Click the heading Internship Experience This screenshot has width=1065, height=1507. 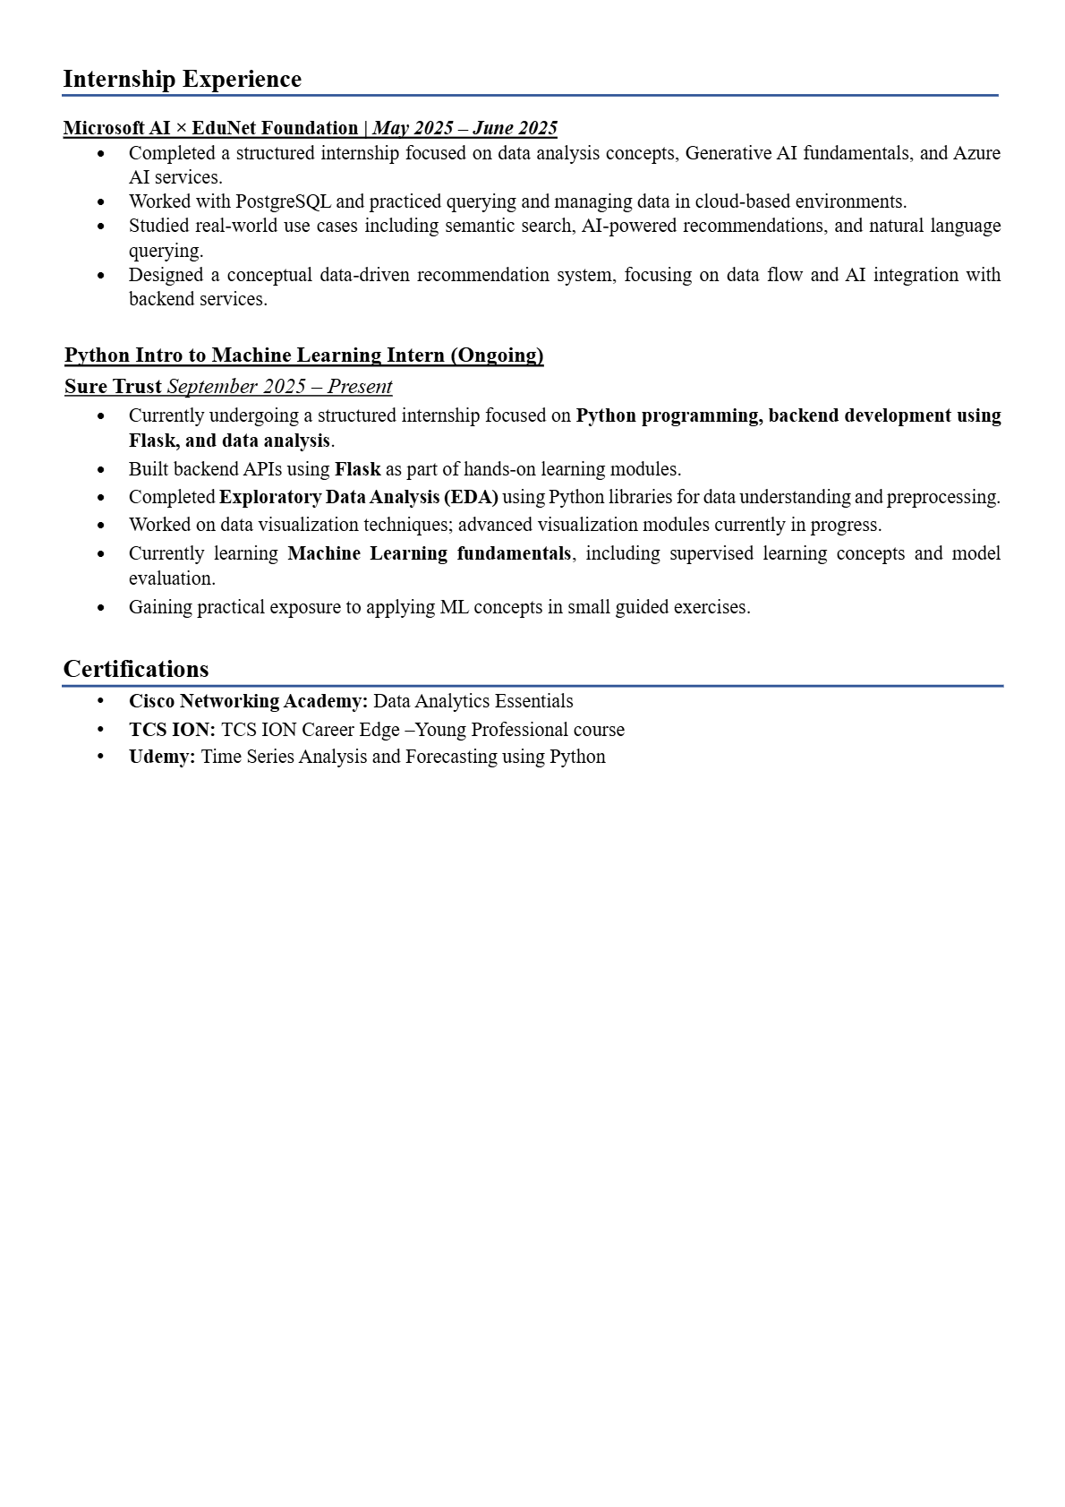[x=182, y=80]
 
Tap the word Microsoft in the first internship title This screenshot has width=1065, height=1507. [x=105, y=128]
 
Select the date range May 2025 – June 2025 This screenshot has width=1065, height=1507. [x=464, y=128]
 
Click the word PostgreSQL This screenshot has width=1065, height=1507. [x=283, y=201]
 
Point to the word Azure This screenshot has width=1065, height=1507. [x=976, y=153]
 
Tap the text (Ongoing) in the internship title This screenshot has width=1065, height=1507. [x=497, y=355]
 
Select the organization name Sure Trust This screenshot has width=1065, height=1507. [x=113, y=387]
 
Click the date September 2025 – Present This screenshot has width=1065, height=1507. [x=279, y=387]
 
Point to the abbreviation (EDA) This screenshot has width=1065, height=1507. [x=471, y=497]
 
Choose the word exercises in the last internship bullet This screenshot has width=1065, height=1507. [x=711, y=607]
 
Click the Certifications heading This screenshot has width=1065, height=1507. [x=136, y=670]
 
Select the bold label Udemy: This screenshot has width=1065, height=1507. [x=162, y=757]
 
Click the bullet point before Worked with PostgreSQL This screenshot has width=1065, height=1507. [x=100, y=202]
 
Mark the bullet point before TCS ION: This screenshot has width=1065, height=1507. [x=100, y=730]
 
